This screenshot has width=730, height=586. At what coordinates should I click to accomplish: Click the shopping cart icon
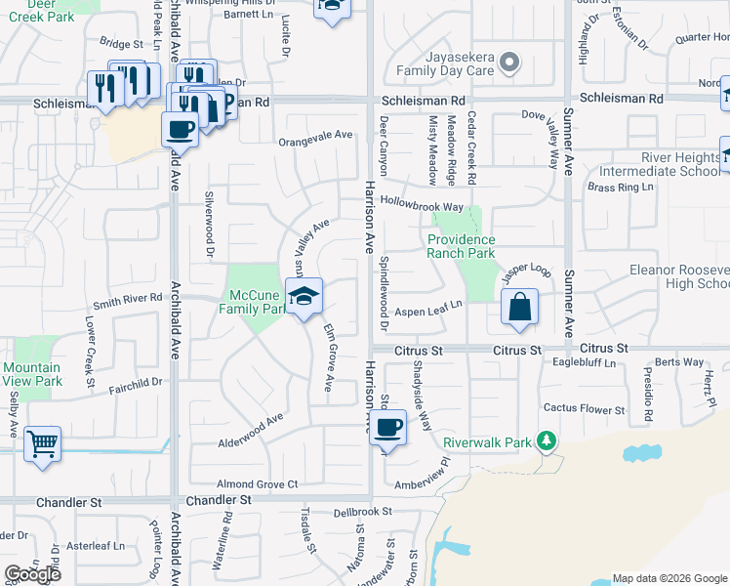pos(42,443)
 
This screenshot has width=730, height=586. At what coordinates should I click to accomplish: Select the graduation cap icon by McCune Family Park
pos(304,296)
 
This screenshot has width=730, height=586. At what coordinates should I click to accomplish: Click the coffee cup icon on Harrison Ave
pos(388,426)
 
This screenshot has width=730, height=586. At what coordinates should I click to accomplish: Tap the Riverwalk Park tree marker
pos(547,441)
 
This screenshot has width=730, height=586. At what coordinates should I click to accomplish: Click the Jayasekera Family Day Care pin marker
pos(508,63)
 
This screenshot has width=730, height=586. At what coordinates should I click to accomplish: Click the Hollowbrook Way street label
pos(422,207)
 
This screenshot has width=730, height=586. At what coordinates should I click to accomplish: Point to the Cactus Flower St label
pos(585,409)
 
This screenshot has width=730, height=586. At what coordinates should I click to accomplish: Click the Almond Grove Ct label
pos(257,483)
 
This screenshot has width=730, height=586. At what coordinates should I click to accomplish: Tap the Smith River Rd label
pos(127,299)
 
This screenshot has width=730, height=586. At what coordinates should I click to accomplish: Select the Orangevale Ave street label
pos(314,139)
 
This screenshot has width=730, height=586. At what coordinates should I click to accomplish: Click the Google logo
pos(32,574)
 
